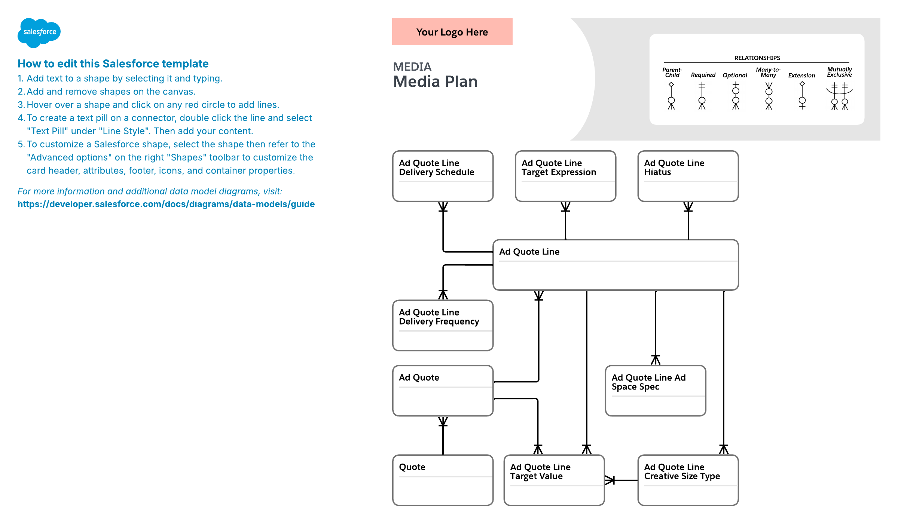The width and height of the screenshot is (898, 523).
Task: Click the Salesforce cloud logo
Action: [39, 33]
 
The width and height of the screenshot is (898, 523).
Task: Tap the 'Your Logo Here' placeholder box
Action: [452, 32]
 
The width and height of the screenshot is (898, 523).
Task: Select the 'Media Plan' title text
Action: [435, 81]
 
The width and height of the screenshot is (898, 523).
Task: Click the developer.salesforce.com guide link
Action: [166, 204]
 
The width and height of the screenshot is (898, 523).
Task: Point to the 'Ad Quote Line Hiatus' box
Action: [688, 176]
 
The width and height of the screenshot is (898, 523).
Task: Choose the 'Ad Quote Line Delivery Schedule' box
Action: [443, 176]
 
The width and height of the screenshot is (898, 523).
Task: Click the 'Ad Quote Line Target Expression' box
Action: [565, 176]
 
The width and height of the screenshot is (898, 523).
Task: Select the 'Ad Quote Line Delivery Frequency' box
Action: [443, 325]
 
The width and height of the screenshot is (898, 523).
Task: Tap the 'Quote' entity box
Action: [443, 480]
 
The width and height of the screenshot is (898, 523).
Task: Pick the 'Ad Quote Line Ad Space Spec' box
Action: [655, 391]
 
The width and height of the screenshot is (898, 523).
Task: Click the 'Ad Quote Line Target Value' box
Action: [554, 480]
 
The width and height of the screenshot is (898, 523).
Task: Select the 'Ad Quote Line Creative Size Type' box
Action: [688, 480]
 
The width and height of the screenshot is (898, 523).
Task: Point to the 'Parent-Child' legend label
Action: [672, 72]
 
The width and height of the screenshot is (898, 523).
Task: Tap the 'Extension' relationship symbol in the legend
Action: [802, 96]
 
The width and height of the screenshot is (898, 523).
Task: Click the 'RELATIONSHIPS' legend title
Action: [757, 58]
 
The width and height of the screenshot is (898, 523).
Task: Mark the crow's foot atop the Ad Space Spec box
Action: [656, 360]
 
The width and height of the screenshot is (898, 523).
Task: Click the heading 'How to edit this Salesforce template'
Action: [113, 64]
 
